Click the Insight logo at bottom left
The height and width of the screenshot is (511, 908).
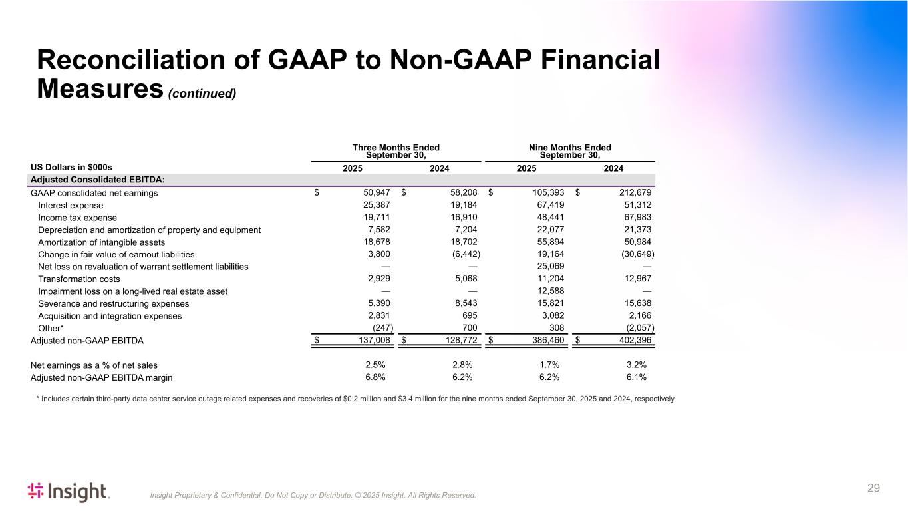69,492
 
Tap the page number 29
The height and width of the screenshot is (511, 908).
873,488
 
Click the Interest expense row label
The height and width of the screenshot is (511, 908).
72,205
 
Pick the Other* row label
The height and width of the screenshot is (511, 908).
51,328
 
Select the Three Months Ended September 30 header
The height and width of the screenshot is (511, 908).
396,152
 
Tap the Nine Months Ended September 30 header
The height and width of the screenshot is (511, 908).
570,152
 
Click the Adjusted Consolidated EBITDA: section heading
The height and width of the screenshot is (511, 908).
98,180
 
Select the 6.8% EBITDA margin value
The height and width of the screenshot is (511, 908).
375,377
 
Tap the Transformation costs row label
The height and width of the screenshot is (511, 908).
79,279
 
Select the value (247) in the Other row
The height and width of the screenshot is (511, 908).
382,328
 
